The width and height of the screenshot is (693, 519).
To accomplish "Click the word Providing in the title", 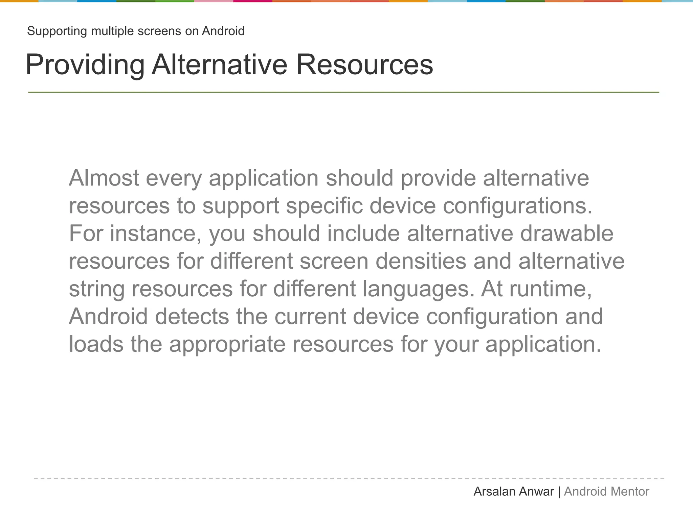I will (x=85, y=65).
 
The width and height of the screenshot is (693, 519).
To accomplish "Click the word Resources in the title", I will (x=364, y=65).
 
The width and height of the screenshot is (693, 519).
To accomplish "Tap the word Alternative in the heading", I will (x=220, y=65).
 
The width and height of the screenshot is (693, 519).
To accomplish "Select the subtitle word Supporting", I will (x=57, y=31).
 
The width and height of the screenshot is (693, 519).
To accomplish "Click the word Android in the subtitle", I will (x=223, y=31).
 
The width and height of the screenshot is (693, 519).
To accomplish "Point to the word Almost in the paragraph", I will (x=104, y=178).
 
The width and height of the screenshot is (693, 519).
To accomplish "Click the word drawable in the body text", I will (x=566, y=233).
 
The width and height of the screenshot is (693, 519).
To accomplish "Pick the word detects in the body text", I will (x=192, y=317).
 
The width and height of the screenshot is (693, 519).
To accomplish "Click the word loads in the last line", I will (x=96, y=344).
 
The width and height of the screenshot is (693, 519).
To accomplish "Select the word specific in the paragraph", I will (x=324, y=206).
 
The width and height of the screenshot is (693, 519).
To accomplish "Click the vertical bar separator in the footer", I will (x=559, y=492).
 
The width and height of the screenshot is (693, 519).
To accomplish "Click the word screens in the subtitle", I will (x=159, y=31).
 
